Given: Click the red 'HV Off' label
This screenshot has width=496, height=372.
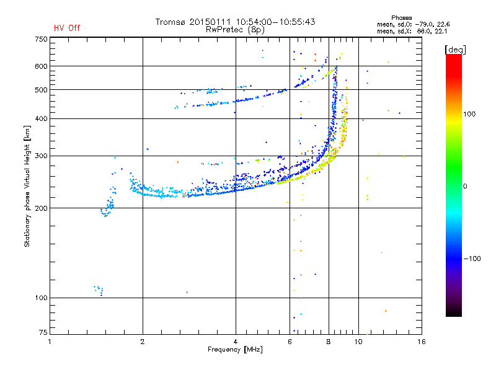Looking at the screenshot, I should click(x=67, y=28).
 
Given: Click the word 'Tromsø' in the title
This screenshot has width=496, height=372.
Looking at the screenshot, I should click(x=172, y=22).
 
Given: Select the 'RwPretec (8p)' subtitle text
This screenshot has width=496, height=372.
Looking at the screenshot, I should click(x=236, y=29).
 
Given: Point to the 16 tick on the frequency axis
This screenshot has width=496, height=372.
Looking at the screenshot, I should click(x=422, y=342).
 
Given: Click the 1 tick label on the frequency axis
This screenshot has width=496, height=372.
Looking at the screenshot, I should click(x=50, y=342).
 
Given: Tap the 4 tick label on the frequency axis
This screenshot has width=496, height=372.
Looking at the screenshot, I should click(x=236, y=342).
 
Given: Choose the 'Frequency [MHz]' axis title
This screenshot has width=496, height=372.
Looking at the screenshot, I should click(x=236, y=350).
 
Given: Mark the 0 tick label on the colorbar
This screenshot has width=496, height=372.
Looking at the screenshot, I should click(x=465, y=186).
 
